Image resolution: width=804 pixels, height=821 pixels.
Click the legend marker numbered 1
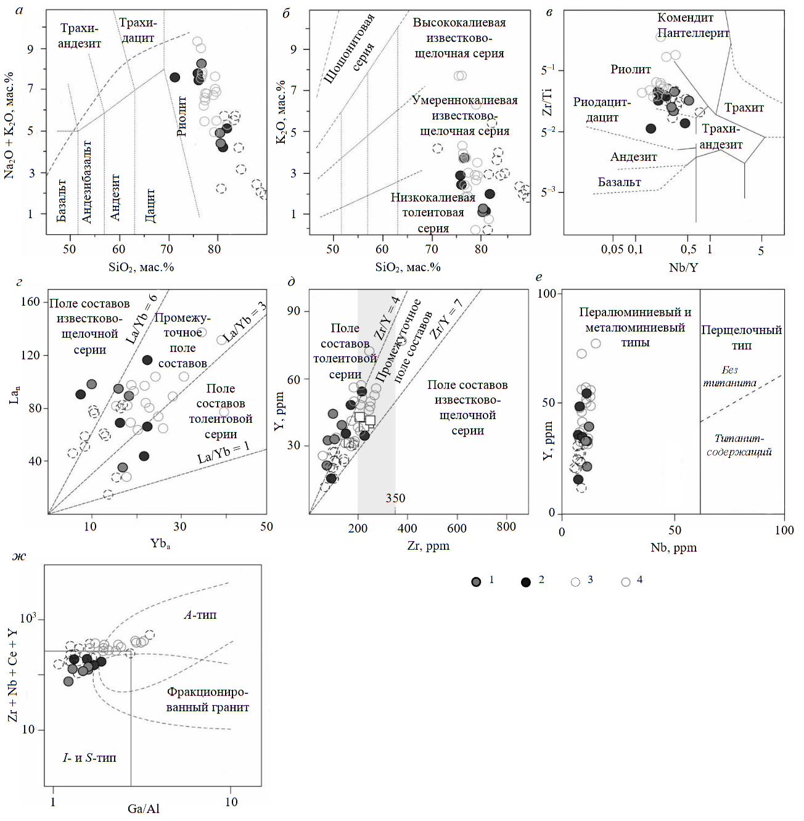coord(476,582)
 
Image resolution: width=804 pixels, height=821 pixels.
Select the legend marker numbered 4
coord(626,582)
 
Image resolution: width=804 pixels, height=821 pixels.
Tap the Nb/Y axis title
coord(683,267)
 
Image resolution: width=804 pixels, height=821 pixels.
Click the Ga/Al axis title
coord(144,809)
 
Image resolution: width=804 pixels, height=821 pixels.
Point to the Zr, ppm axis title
coord(428,545)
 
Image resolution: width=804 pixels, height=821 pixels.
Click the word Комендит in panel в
coord(685,18)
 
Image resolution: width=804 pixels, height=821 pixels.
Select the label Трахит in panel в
coord(744,108)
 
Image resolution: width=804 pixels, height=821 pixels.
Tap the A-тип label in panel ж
coord(200,615)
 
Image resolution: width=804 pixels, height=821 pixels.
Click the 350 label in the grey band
coord(395,498)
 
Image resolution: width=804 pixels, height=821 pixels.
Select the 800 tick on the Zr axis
coord(506,528)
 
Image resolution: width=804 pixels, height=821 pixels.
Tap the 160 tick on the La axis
coord(30,301)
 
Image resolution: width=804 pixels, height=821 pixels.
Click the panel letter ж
coord(19,557)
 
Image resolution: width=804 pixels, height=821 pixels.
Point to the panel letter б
coord(285,14)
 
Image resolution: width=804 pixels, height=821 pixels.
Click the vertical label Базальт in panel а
coord(61,200)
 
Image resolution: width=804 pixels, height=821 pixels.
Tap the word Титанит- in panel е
coord(739,438)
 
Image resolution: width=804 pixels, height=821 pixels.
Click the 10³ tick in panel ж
coord(29,619)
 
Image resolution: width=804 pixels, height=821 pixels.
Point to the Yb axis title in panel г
coord(160,544)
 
